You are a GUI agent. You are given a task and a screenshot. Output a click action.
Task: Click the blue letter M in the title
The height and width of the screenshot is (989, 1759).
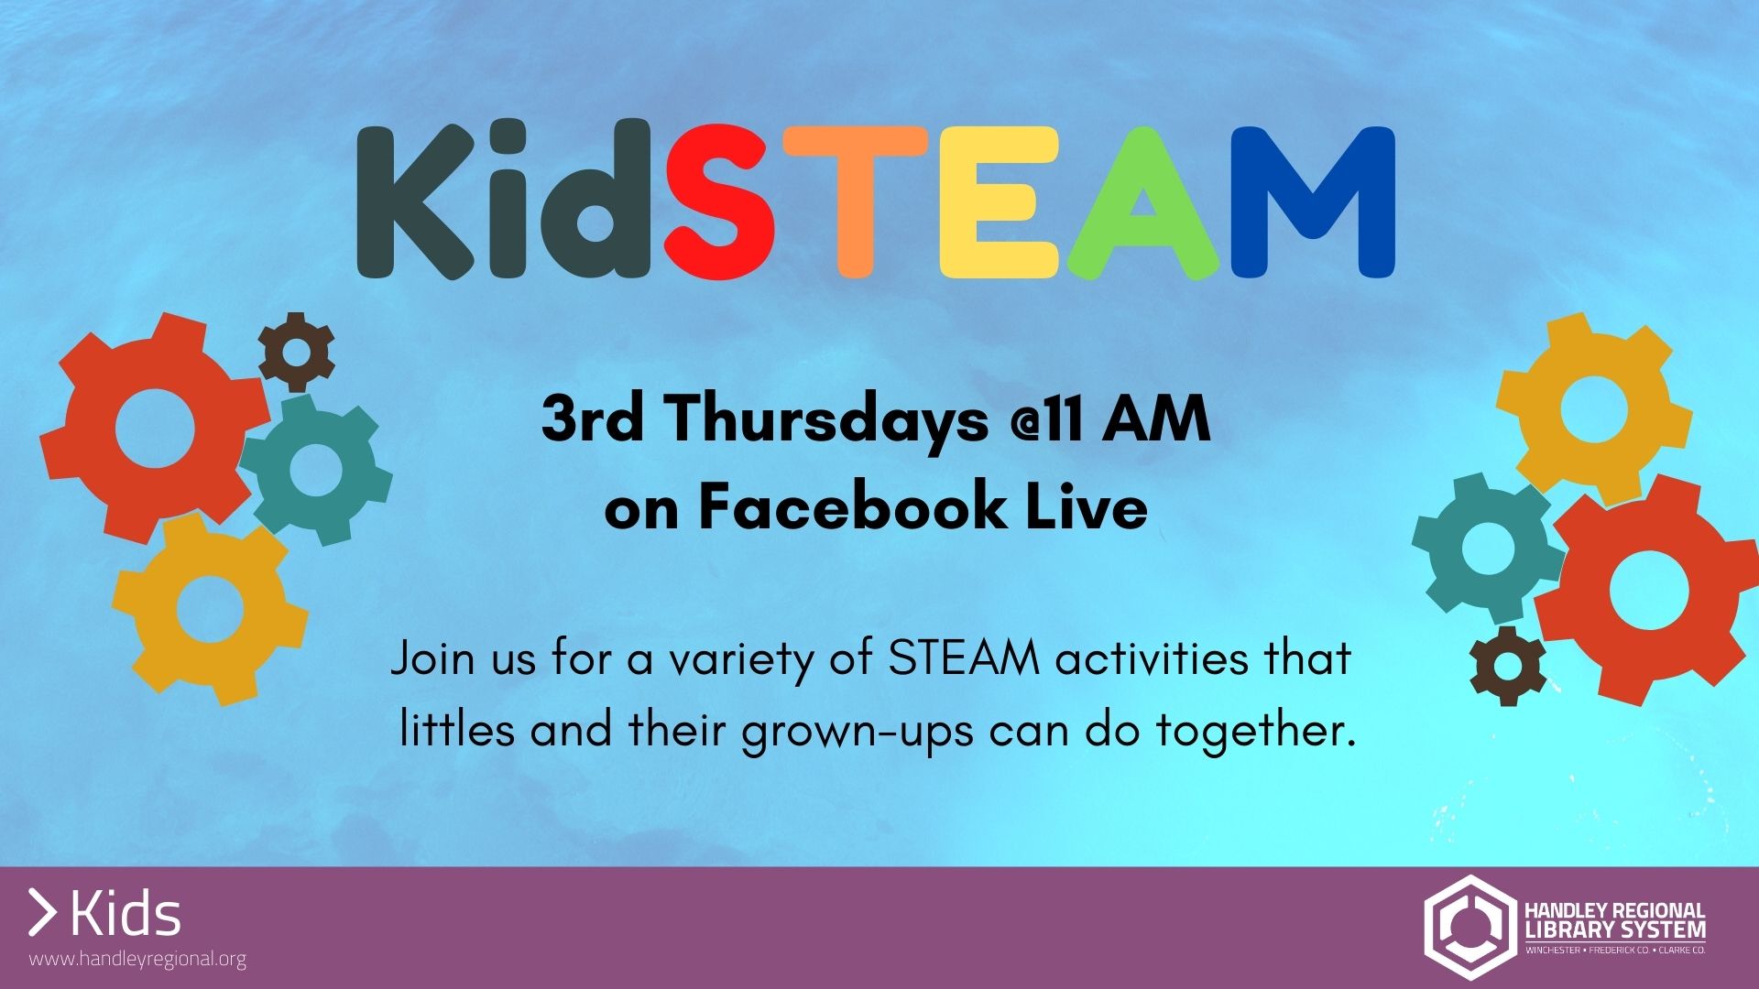(1312, 202)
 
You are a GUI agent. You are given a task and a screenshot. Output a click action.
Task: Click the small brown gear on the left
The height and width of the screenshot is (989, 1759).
(296, 352)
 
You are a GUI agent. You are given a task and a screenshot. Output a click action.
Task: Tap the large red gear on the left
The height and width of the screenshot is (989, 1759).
(155, 428)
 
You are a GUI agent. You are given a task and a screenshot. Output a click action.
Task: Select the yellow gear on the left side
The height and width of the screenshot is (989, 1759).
(210, 609)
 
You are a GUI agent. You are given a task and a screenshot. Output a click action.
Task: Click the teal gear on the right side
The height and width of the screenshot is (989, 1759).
(1488, 548)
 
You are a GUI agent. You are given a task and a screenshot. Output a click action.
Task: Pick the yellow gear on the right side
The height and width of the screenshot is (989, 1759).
(1594, 409)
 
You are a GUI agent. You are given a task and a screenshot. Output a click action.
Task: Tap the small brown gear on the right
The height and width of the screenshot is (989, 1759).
(1508, 666)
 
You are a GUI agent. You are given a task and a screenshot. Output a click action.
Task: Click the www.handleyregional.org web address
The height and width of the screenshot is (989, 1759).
(138, 960)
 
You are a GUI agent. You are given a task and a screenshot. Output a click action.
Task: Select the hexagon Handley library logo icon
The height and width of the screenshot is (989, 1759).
(1469, 927)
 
